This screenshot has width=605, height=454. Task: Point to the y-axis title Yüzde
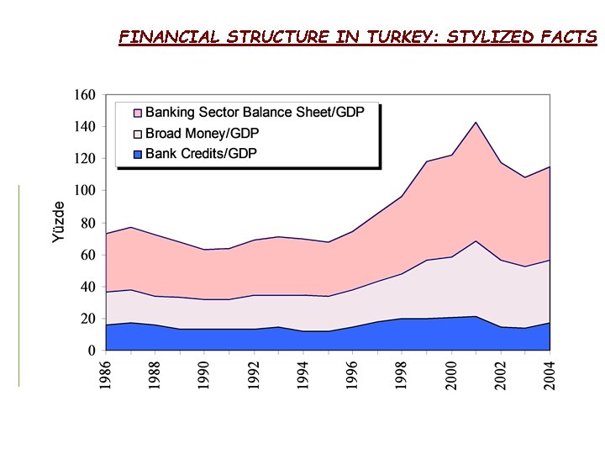click(x=58, y=222)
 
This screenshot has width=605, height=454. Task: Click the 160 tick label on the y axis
click(x=84, y=95)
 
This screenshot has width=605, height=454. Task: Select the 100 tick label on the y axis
click(x=84, y=191)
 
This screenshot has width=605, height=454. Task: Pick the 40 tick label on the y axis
click(x=87, y=287)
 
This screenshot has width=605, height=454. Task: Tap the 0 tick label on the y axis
click(x=91, y=351)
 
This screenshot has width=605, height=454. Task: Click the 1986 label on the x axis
click(x=106, y=373)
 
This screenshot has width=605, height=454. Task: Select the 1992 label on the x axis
click(x=255, y=373)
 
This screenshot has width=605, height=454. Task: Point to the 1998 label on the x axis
click(x=403, y=373)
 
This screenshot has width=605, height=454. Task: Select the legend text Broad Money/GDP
click(x=203, y=133)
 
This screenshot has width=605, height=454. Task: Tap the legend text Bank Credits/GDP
click(x=201, y=153)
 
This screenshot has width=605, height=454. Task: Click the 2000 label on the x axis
click(x=453, y=373)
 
